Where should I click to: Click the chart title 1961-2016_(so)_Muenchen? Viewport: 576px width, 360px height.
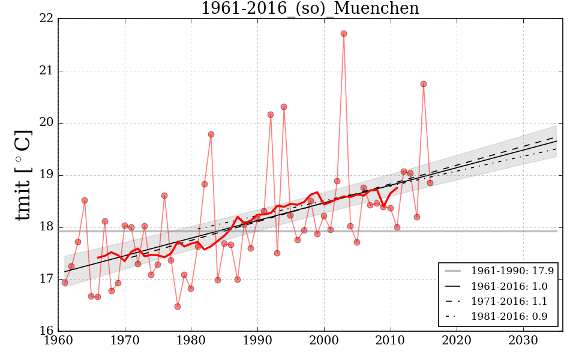310,9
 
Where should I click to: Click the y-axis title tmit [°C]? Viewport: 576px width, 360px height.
24,175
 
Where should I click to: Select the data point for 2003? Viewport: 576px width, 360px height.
344,34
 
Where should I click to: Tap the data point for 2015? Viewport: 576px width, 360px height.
424,84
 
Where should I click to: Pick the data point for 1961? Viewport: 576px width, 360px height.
65,283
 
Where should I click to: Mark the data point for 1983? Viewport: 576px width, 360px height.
211,134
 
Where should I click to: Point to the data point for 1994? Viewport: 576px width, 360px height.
284,107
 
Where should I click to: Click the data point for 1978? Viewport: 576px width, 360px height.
178,307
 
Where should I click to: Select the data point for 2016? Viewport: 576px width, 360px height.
430,182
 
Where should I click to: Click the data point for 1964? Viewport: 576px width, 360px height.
85,200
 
